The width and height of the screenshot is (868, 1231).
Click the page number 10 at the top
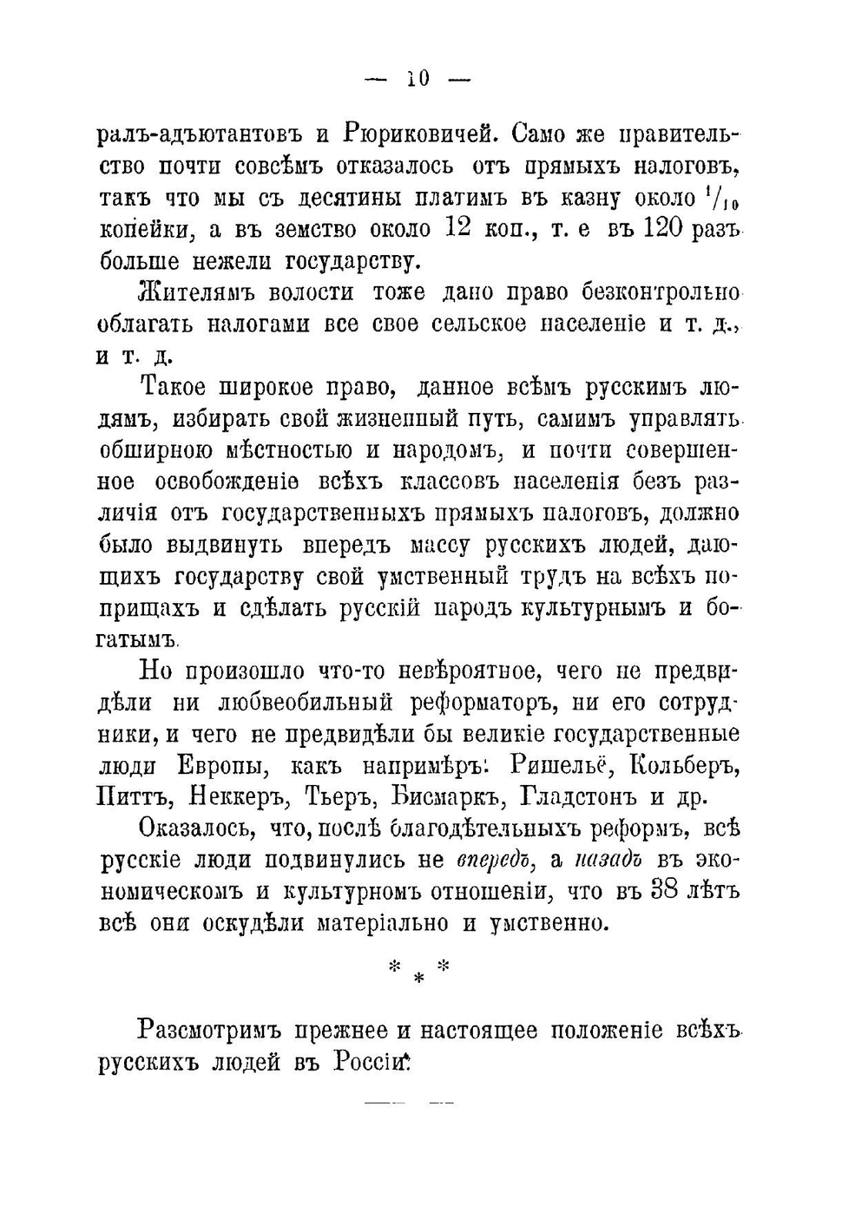tap(418, 79)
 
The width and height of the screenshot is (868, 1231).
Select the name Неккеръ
tap(238, 796)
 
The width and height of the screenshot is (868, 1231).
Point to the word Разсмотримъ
tap(211, 1031)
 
